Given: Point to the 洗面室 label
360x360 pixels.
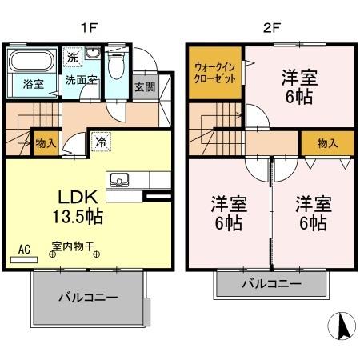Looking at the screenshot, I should point(81,80).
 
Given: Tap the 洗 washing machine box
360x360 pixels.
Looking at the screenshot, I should point(73,58).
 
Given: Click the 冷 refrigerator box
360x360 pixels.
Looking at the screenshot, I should point(102,140).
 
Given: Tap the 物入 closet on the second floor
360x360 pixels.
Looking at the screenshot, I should point(327,142).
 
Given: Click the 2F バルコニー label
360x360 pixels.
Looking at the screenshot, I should point(271,284).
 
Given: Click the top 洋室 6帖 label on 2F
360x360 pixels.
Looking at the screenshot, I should point(298,87).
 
